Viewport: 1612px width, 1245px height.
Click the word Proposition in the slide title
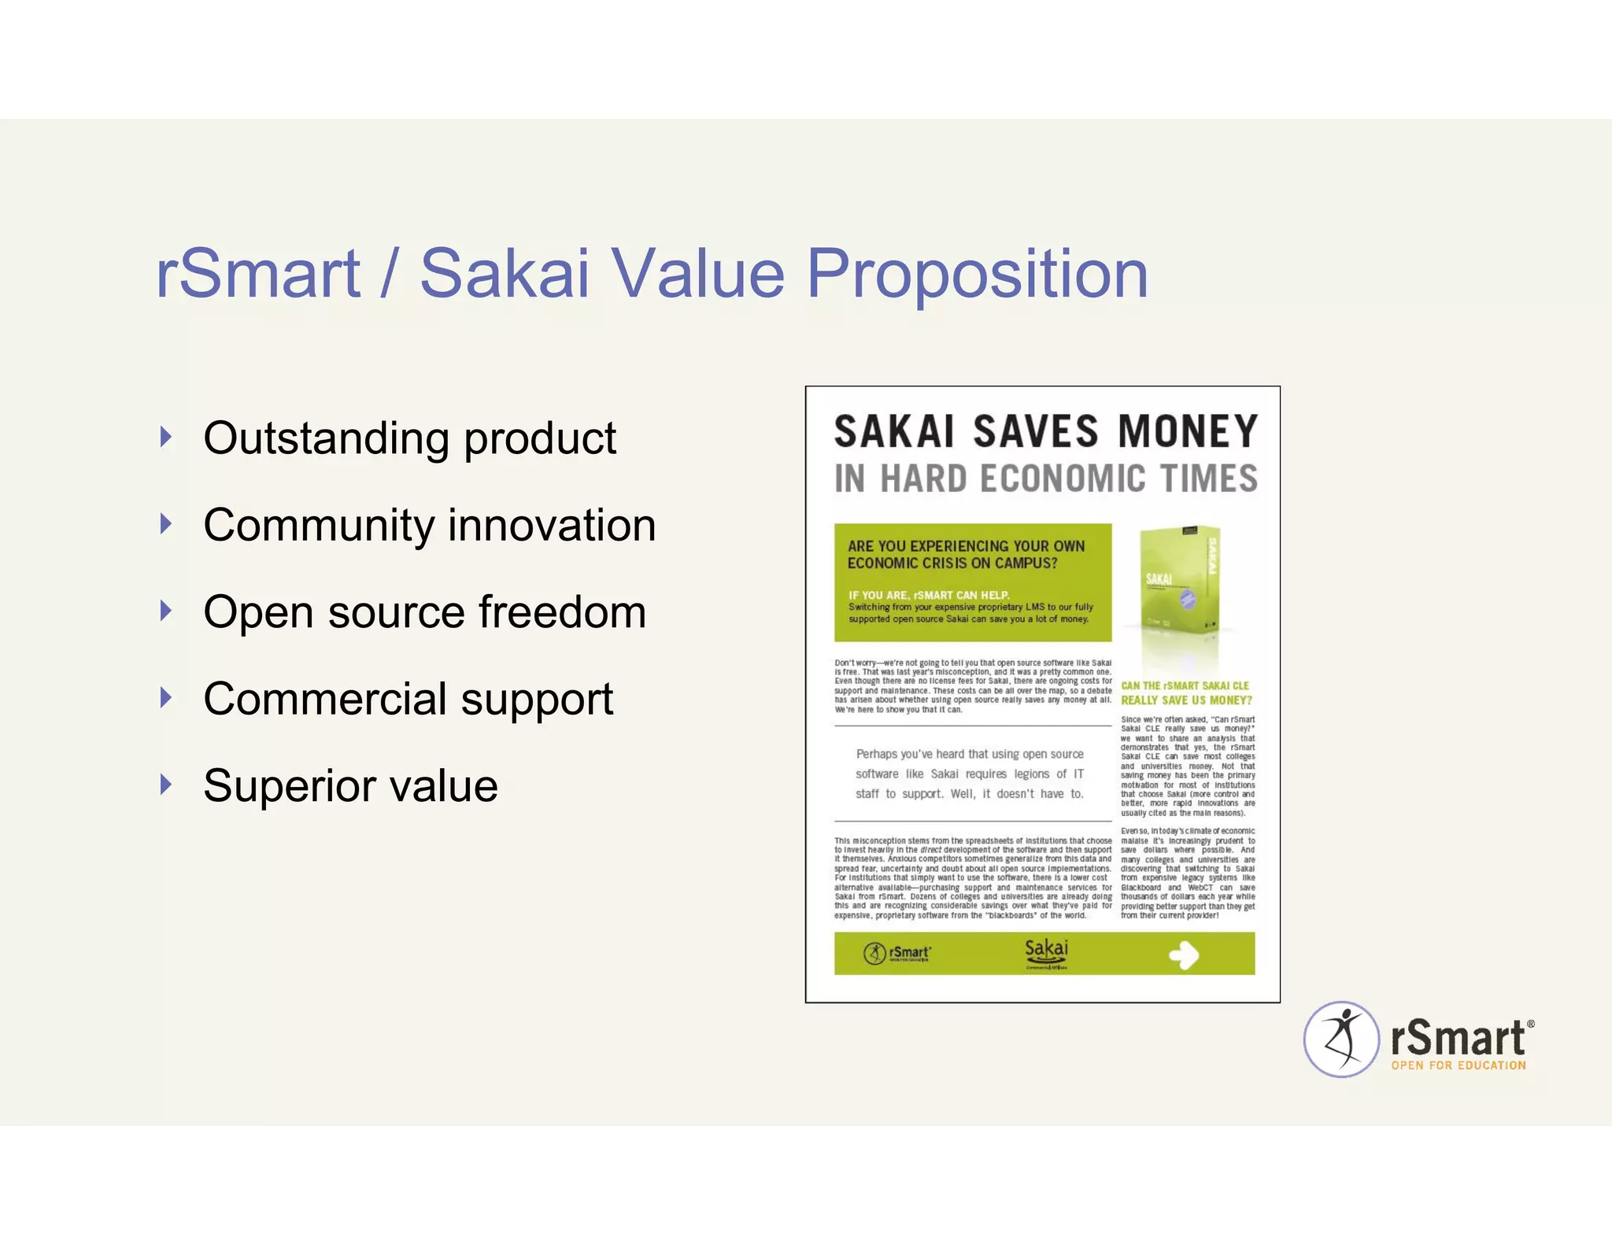978,275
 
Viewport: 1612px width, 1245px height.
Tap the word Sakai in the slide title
505,273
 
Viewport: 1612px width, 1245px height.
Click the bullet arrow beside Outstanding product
165,437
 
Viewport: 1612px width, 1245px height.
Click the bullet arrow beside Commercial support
165,697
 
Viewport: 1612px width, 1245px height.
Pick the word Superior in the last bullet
301,785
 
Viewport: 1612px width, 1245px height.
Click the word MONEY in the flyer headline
1188,432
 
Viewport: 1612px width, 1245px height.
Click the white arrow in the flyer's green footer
1184,955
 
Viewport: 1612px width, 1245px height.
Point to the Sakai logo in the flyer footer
1046,952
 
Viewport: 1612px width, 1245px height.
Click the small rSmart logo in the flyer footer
897,954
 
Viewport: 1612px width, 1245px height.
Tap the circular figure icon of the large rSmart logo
1341,1040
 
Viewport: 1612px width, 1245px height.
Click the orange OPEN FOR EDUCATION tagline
1458,1066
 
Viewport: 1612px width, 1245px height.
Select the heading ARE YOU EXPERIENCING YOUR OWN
966,546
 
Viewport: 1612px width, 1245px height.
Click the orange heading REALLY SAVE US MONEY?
1186,700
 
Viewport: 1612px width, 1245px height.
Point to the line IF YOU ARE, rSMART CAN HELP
929,595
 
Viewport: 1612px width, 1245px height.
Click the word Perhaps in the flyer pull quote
876,754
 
